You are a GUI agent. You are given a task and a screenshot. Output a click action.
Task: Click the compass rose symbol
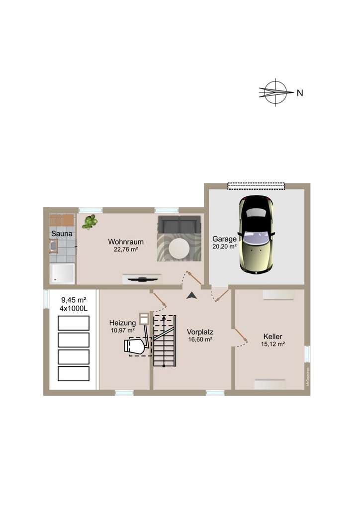click(275, 92)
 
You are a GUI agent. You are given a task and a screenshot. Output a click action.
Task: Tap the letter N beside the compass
click(299, 92)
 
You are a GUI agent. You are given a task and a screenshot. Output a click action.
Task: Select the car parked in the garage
click(256, 234)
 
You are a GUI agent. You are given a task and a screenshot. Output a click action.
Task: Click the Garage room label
click(224, 239)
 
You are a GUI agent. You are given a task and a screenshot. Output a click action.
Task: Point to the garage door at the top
click(256, 186)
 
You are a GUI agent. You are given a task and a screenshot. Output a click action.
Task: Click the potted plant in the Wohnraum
click(90, 222)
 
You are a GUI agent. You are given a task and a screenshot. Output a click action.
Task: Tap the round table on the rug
click(179, 247)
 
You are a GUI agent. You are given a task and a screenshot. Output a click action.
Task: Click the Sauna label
click(62, 233)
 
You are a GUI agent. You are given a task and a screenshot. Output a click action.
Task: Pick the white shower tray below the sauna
click(62, 273)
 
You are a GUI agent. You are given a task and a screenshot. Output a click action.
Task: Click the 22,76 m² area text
click(126, 250)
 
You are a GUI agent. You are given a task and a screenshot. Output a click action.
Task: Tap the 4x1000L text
click(74, 308)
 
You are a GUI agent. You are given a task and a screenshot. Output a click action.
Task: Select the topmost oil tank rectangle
click(74, 323)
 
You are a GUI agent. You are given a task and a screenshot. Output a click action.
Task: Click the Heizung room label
click(122, 323)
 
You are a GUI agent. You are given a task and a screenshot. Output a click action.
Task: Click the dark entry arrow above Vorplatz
click(191, 295)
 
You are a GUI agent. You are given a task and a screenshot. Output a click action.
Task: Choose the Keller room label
click(273, 337)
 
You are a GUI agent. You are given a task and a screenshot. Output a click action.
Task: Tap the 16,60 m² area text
click(200, 339)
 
